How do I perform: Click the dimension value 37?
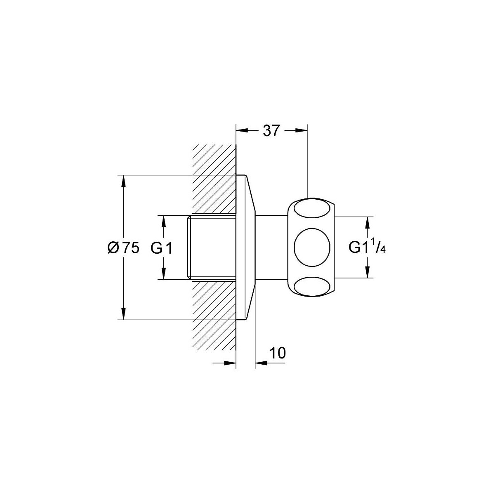pyautogui.click(x=271, y=131)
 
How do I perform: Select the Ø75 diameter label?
pyautogui.click(x=124, y=248)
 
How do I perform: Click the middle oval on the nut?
pyautogui.click(x=312, y=247)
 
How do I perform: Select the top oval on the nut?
pyautogui.click(x=312, y=210)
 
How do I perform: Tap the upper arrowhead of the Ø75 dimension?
pyautogui.click(x=124, y=181)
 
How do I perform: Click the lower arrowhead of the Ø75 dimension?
pyautogui.click(x=124, y=313)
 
